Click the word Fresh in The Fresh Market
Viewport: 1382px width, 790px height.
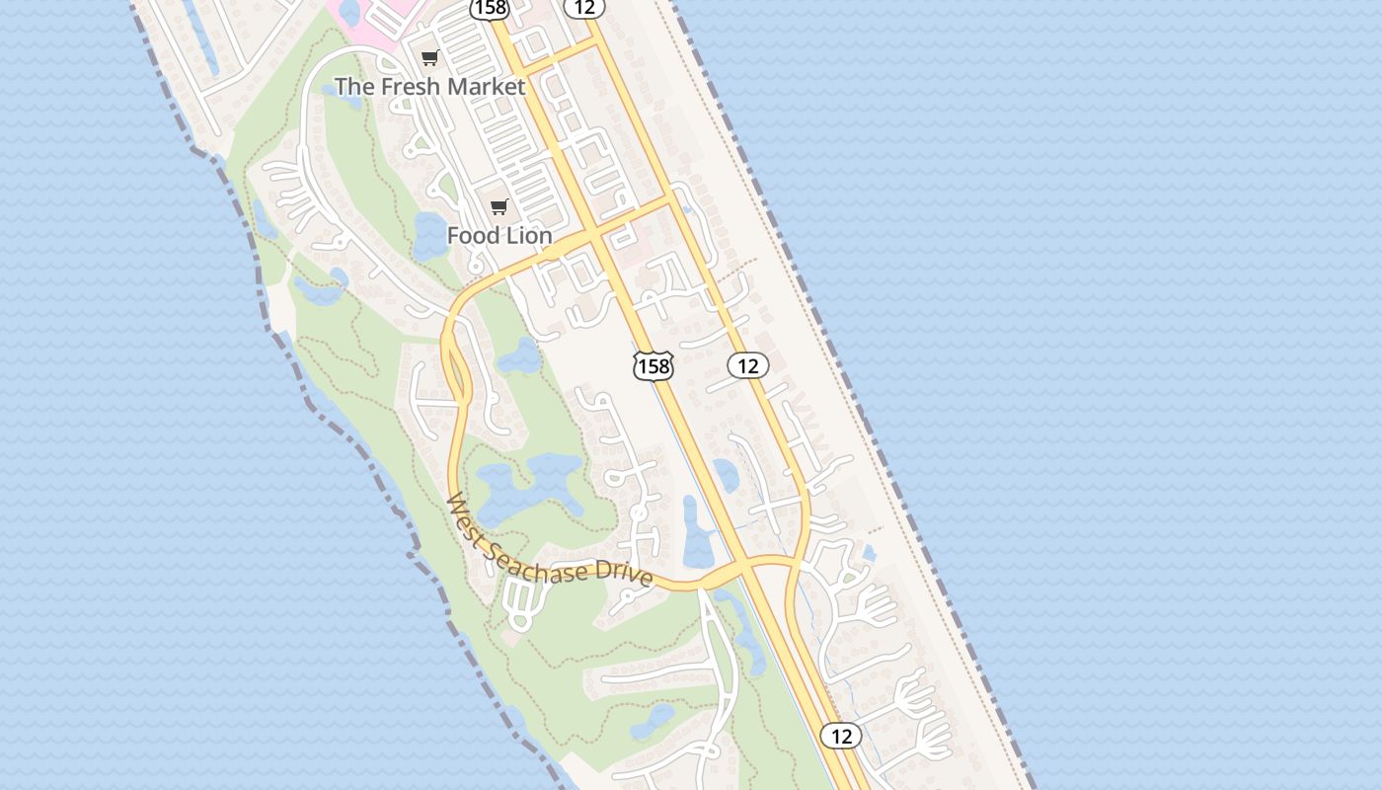(x=407, y=87)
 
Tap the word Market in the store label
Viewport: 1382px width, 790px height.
(x=483, y=87)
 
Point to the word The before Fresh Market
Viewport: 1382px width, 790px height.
(x=352, y=87)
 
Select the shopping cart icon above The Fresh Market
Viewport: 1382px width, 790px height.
(x=429, y=58)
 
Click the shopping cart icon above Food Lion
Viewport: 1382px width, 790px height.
(x=499, y=207)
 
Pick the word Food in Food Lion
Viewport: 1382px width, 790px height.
(x=473, y=237)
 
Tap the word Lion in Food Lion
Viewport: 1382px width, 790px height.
(x=528, y=237)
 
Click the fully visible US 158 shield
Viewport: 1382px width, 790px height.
(x=653, y=366)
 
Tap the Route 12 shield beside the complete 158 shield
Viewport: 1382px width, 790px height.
(x=748, y=366)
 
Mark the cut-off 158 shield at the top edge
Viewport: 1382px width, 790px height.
(x=489, y=8)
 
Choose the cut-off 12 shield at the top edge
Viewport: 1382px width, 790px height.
(x=584, y=7)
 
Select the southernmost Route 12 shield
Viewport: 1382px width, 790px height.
(x=840, y=736)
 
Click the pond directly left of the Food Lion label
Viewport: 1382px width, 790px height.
(x=430, y=235)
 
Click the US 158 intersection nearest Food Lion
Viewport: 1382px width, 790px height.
(x=591, y=235)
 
